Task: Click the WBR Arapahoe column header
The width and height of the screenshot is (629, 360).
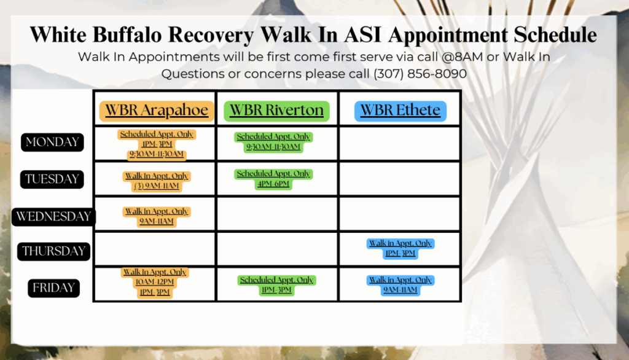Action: pos(157,111)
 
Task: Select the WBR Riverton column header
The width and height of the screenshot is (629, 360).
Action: pos(276,111)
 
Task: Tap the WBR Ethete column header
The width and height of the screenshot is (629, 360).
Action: pos(400,111)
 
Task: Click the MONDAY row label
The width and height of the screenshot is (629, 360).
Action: pos(52,142)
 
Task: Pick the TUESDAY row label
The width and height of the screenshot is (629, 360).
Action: pos(52,179)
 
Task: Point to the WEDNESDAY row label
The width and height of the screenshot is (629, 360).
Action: pos(54,217)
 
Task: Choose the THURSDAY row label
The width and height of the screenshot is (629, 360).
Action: pos(54,251)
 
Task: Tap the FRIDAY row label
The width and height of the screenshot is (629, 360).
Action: pos(54,288)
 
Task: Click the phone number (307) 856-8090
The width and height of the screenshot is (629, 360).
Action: pos(420,74)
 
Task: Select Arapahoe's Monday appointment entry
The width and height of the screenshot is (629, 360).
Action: pos(157,144)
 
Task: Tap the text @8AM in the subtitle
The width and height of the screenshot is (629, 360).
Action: pos(462,57)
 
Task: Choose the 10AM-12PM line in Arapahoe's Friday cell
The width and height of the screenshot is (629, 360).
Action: pos(155,282)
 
